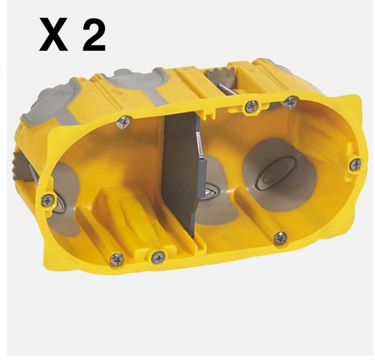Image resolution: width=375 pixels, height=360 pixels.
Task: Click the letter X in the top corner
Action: [x=53, y=34]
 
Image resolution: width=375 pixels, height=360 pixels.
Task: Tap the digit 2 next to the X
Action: [x=94, y=34]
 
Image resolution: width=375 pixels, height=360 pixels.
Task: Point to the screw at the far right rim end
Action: [x=355, y=164]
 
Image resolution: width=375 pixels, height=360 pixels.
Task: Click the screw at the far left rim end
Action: [x=48, y=200]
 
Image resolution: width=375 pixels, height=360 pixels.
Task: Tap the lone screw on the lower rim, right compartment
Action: [x=280, y=238]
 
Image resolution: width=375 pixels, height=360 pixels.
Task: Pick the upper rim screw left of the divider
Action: [x=124, y=122]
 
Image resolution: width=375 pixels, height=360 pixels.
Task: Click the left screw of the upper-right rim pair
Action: [x=251, y=106]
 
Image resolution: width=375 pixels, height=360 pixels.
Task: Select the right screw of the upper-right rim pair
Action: [x=291, y=102]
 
